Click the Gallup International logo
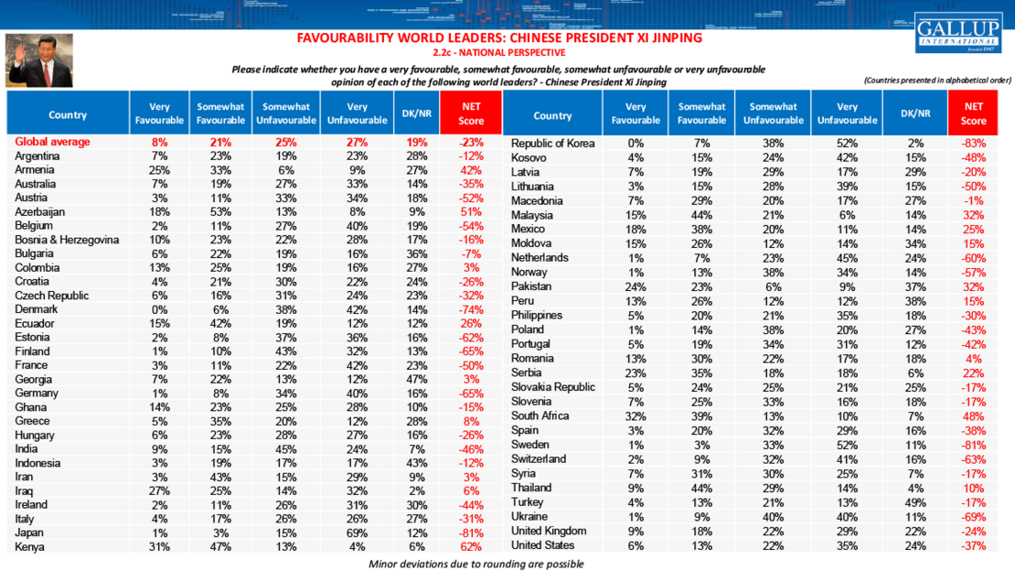[957, 34]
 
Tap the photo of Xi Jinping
[38, 60]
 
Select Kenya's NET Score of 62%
[472, 547]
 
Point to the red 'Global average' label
[52, 143]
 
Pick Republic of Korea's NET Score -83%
[973, 143]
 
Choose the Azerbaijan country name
[43, 212]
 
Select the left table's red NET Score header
[471, 113]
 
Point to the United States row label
[544, 545]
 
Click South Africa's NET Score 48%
[973, 415]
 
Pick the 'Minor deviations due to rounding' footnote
[475, 564]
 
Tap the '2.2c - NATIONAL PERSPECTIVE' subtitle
[499, 53]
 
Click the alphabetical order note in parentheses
[936, 81]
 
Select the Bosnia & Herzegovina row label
[67, 240]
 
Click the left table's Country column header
[68, 115]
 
